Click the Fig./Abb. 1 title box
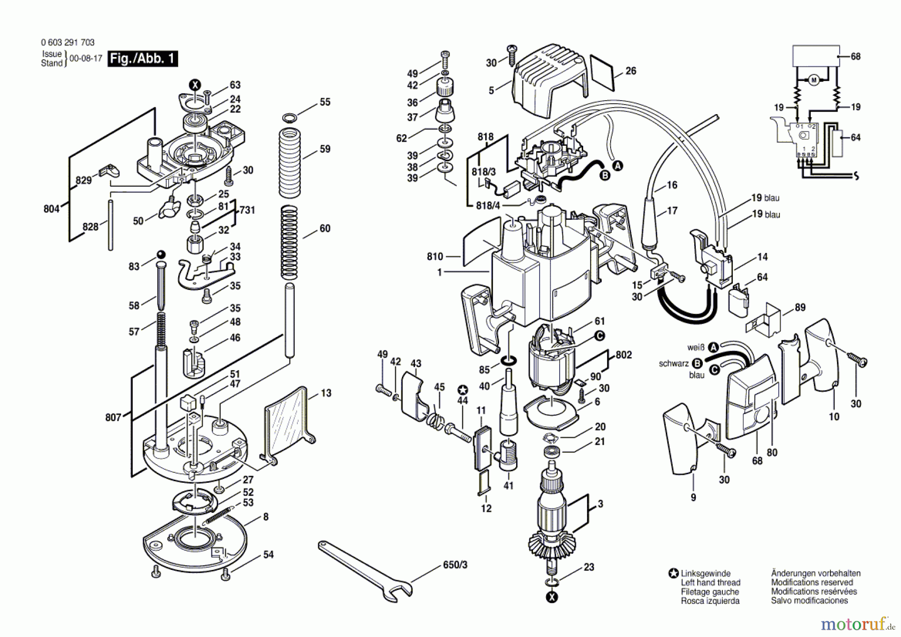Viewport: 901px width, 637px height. click(143, 59)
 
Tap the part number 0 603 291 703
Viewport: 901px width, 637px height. click(68, 43)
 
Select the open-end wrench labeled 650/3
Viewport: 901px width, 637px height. click(366, 570)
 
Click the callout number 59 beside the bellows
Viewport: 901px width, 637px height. click(325, 149)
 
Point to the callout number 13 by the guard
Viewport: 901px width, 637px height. click(326, 393)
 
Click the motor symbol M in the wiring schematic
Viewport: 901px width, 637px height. click(813, 80)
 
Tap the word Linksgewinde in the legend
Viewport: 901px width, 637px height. click(705, 573)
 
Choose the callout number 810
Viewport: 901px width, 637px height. click(435, 256)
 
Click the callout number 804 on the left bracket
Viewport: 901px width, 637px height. click(52, 209)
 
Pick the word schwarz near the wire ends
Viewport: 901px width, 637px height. click(674, 364)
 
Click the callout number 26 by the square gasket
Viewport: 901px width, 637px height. click(631, 71)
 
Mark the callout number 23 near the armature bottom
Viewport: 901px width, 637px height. click(589, 567)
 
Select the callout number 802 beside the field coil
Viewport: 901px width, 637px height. click(624, 355)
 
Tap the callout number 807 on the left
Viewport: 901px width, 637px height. click(113, 417)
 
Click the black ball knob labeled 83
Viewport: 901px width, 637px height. click(161, 254)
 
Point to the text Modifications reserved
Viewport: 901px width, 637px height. click(812, 582)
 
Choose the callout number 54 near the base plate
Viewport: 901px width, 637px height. click(268, 554)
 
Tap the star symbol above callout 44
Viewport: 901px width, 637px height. click(463, 390)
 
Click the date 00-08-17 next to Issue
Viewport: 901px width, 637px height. click(86, 58)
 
